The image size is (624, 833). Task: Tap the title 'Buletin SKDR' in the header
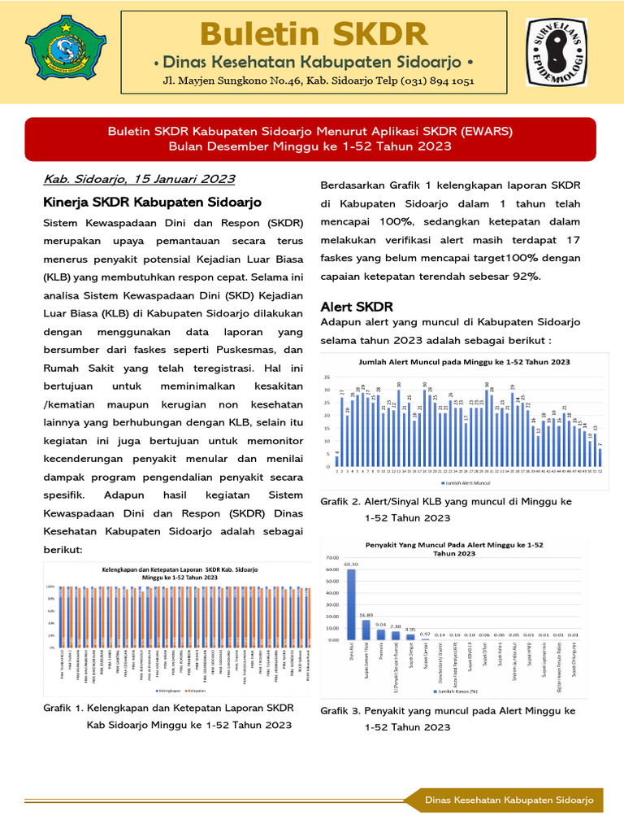point(314,34)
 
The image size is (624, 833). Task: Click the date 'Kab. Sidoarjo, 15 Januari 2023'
point(139,179)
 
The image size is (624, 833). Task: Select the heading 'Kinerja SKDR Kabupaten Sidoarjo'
point(152,202)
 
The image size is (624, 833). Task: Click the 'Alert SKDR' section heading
point(357,307)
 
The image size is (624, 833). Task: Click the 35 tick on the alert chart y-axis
point(327,377)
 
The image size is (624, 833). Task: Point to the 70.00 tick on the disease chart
point(331,557)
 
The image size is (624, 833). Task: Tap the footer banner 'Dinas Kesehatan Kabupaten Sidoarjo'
point(509,800)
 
